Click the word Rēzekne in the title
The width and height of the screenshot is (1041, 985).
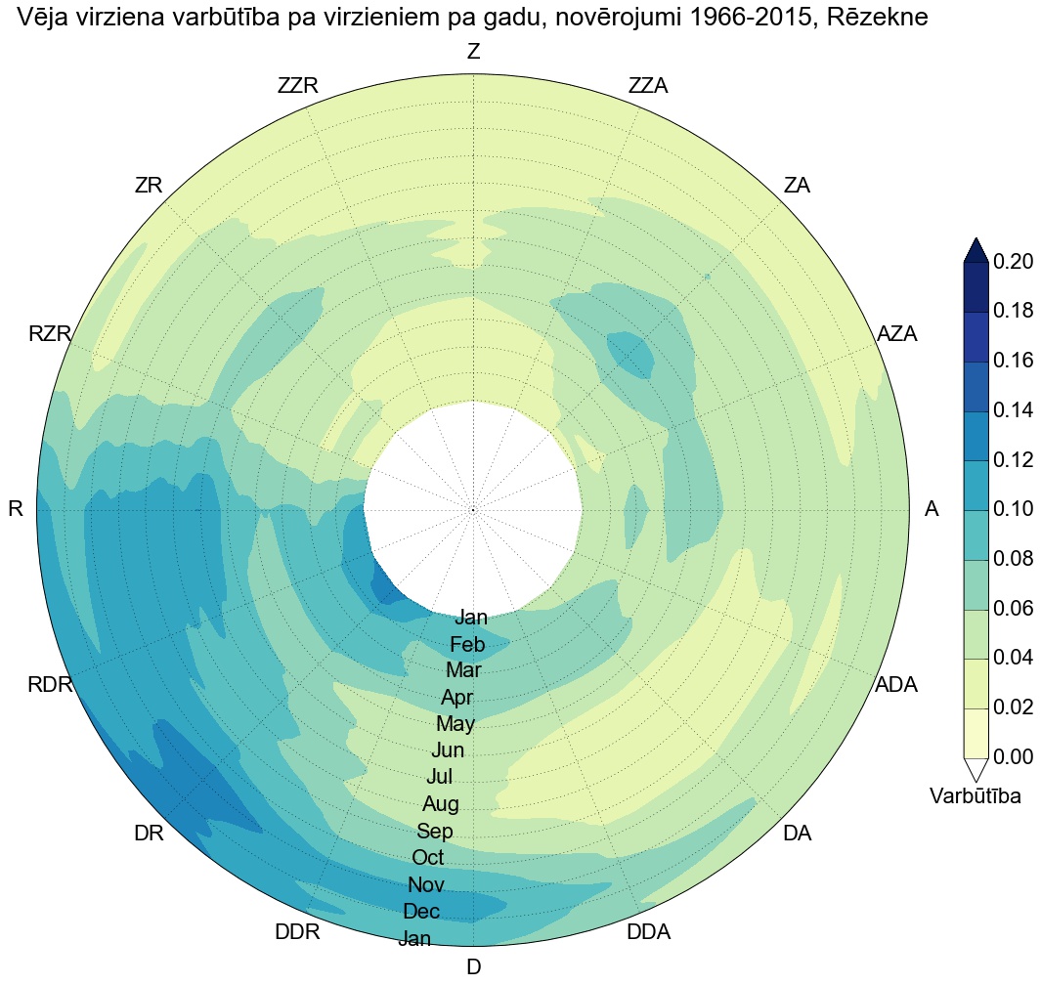click(872, 17)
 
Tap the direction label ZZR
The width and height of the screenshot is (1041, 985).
click(298, 86)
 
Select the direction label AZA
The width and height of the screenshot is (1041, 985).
click(897, 333)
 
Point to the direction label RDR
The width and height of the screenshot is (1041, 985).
click(51, 685)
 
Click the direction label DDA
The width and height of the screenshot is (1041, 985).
click(648, 932)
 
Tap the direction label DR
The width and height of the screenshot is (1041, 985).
click(149, 834)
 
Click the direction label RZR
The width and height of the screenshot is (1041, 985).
click(51, 334)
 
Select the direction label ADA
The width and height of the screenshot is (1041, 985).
click(896, 685)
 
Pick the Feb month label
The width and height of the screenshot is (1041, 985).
click(467, 645)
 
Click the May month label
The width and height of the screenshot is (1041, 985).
click(455, 724)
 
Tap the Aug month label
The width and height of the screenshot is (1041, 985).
click(441, 804)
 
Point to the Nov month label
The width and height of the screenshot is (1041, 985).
click(426, 885)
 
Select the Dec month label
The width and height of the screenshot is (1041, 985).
click(421, 912)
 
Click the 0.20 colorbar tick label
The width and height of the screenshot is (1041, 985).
click(1015, 262)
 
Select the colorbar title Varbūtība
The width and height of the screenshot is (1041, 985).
click(976, 796)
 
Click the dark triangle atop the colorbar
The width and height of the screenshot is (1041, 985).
click(976, 251)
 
